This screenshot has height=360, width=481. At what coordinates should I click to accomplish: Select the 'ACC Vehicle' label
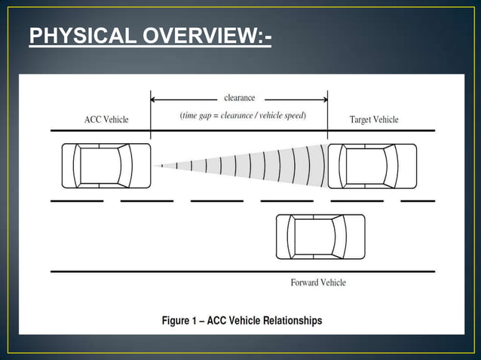[x=106, y=120]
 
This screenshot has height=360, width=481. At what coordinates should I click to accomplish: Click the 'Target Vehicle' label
[x=374, y=120]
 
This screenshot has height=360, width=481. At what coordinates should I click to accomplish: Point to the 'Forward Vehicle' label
[x=318, y=282]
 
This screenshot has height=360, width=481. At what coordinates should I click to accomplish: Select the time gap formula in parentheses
[x=242, y=115]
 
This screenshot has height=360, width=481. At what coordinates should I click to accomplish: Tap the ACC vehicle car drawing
[x=106, y=166]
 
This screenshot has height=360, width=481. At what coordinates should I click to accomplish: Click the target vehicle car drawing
[x=372, y=166]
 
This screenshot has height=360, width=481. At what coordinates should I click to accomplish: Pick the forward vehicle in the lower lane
[x=320, y=236]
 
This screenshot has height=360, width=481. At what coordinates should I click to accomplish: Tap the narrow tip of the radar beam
[x=155, y=166]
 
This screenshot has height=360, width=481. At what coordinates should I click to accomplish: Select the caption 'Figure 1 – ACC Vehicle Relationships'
[x=242, y=321]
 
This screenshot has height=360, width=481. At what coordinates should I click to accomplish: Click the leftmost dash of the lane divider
[x=76, y=201]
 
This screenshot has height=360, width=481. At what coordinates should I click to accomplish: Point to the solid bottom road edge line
[x=242, y=271]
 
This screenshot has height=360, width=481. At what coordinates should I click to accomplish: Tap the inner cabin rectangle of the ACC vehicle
[x=100, y=166]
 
